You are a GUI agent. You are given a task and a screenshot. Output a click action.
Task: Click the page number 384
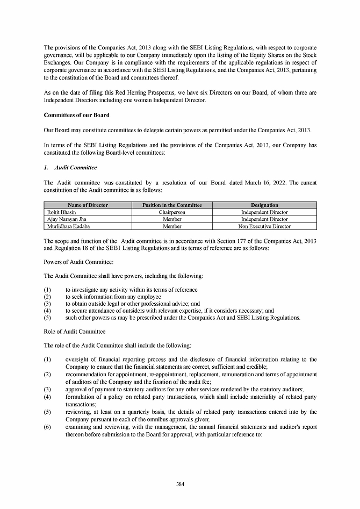click(180, 484)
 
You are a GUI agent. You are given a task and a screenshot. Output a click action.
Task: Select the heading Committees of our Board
click(76, 116)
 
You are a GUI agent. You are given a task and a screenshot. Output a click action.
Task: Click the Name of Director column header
click(88, 205)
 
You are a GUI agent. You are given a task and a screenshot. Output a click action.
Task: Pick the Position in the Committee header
click(172, 205)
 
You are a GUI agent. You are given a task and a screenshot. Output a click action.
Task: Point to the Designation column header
click(264, 205)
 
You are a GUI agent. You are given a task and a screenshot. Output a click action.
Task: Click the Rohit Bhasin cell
click(61, 212)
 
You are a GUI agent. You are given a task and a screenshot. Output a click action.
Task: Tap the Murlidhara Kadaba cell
click(69, 226)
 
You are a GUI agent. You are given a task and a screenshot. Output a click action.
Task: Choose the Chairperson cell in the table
click(172, 212)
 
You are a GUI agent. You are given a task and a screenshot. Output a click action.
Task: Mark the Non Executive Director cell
click(264, 226)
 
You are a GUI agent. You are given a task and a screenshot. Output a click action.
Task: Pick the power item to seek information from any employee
click(113, 297)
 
